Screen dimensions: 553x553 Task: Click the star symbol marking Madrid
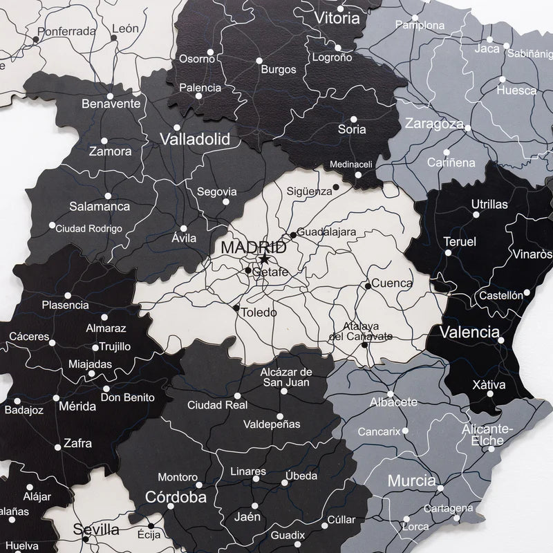[x=264, y=260]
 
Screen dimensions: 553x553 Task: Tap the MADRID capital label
[x=253, y=247]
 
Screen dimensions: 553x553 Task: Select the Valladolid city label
[x=195, y=139]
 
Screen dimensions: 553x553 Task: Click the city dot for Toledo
[x=236, y=308]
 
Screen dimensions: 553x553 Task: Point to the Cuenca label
[x=392, y=283]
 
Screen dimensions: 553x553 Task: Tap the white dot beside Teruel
[x=448, y=253]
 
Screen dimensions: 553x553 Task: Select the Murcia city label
[x=411, y=480]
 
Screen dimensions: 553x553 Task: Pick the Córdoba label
[x=176, y=497]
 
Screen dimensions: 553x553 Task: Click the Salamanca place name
[x=100, y=206]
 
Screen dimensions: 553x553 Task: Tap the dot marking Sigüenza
[x=336, y=187]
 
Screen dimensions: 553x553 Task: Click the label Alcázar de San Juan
[x=286, y=377]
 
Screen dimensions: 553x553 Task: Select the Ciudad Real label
[x=217, y=405]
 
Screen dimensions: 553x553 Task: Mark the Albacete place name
[x=393, y=402]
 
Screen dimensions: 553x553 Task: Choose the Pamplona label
[x=420, y=26]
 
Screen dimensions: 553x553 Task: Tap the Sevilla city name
[x=97, y=529]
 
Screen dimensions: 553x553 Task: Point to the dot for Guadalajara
[x=293, y=235]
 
